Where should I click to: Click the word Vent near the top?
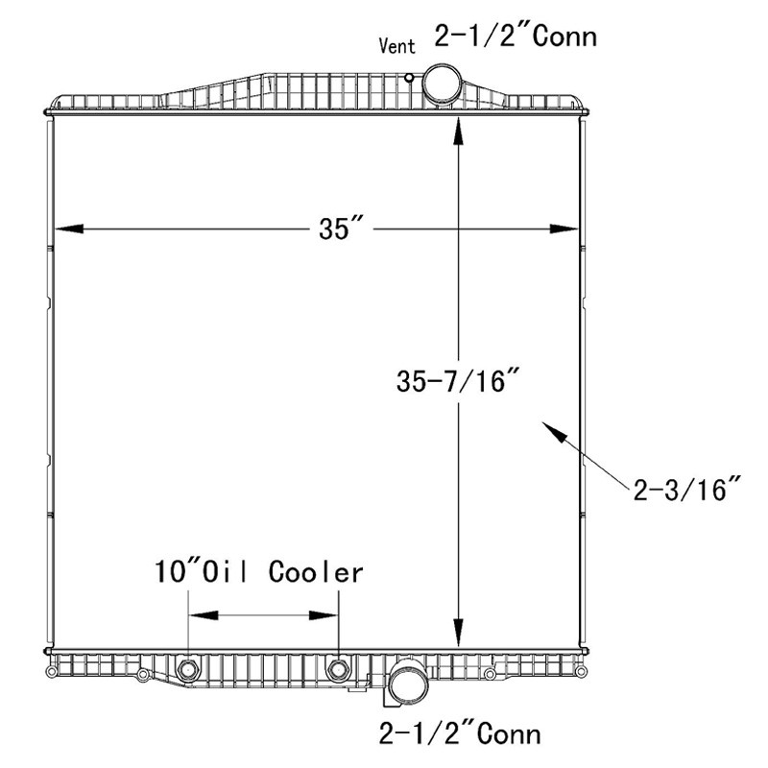click(x=397, y=46)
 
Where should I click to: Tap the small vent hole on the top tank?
click(x=410, y=78)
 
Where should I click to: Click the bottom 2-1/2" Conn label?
click(x=460, y=734)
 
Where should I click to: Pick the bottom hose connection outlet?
click(x=407, y=684)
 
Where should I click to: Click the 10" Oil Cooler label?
click(x=259, y=573)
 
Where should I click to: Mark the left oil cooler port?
click(x=188, y=669)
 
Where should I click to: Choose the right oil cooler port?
click(x=338, y=669)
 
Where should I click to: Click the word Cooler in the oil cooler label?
click(x=316, y=573)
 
